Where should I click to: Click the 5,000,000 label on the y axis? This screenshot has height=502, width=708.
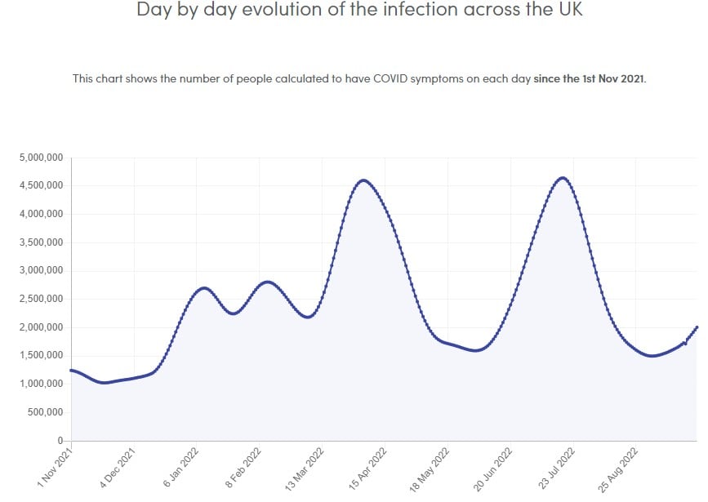pos(41,158)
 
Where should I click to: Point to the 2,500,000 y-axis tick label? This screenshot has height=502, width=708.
pos(41,299)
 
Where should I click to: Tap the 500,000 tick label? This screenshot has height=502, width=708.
pos(45,412)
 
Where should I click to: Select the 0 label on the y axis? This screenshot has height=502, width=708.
pos(60,441)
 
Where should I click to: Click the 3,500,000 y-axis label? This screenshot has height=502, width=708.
pos(41,242)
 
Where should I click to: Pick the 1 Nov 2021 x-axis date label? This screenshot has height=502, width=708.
pos(56,467)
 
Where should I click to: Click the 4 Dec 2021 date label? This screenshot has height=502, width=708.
pos(118,467)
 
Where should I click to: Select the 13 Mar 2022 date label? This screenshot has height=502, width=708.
pos(305,467)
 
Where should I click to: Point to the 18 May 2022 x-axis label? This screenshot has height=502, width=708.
pos(430,467)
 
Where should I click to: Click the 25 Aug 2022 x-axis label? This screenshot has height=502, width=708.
pos(618,467)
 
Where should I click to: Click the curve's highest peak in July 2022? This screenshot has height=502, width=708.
pos(563,178)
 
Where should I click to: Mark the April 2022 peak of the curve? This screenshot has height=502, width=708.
pos(363,180)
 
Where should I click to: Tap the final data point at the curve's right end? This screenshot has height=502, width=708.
pos(697,327)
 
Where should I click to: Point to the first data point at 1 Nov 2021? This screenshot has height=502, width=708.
pos(71,371)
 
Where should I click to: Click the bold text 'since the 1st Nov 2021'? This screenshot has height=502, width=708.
pos(589,79)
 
